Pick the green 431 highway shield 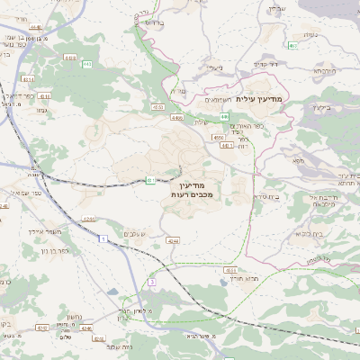[150, 180]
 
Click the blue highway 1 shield [104, 238]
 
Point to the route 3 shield [152, 282]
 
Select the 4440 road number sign [35, 28]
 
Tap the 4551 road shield [157, 107]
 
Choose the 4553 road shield [230, 269]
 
